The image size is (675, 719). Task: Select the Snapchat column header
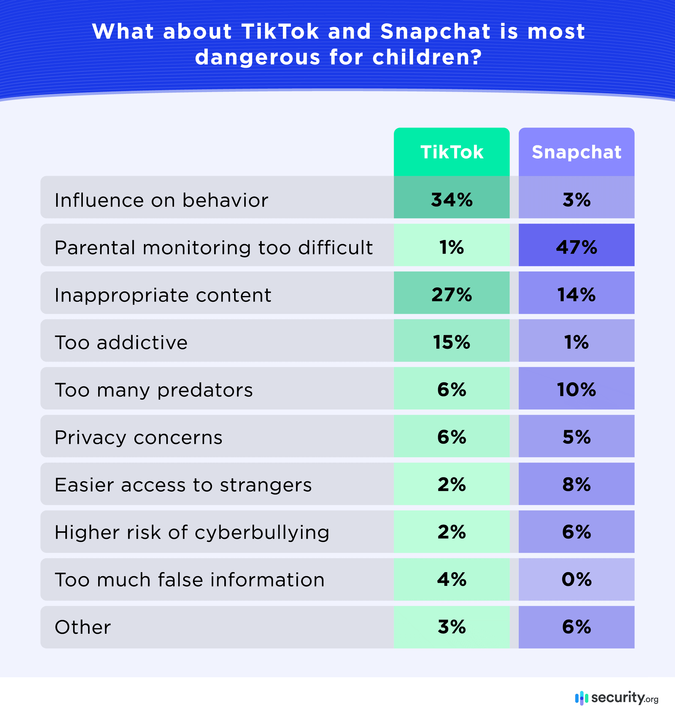point(576,152)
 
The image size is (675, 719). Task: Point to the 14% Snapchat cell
point(576,295)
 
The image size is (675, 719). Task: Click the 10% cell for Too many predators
point(576,390)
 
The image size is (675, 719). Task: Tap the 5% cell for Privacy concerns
point(576,437)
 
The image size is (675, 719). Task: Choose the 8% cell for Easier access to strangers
point(576,485)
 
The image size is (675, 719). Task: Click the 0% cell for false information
point(576,579)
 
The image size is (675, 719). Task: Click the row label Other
point(83,628)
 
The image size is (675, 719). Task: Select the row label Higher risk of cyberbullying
point(192,533)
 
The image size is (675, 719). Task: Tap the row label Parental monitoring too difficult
point(214,248)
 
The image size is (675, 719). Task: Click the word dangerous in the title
point(257,57)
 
